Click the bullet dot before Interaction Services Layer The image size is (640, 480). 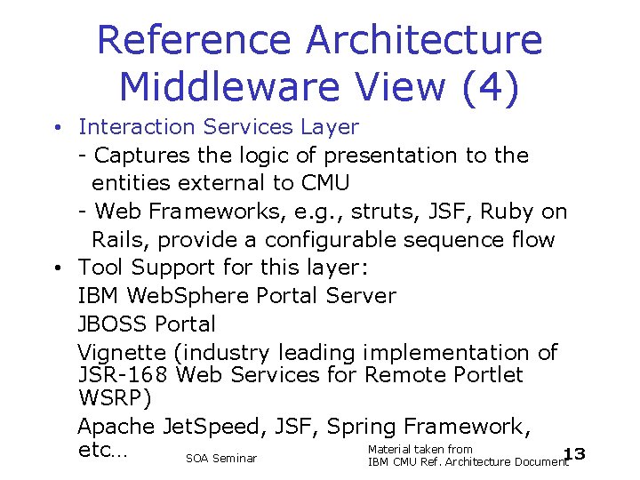pyautogui.click(x=56, y=128)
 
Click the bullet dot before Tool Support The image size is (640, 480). pyautogui.click(x=56, y=268)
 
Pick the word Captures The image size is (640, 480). pyautogui.click(x=141, y=156)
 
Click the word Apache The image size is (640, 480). pyautogui.click(x=116, y=427)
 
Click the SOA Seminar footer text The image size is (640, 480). pyautogui.click(x=221, y=459)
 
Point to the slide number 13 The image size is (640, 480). pyautogui.click(x=575, y=455)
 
